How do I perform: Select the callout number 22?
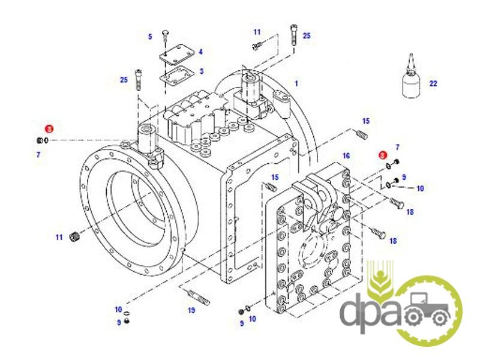pyautogui.click(x=433, y=83)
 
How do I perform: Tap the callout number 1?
pyautogui.click(x=296, y=83)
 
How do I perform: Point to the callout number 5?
pyautogui.click(x=150, y=37)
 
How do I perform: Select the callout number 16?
pyautogui.click(x=346, y=156)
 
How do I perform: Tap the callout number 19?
pyautogui.click(x=191, y=310)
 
